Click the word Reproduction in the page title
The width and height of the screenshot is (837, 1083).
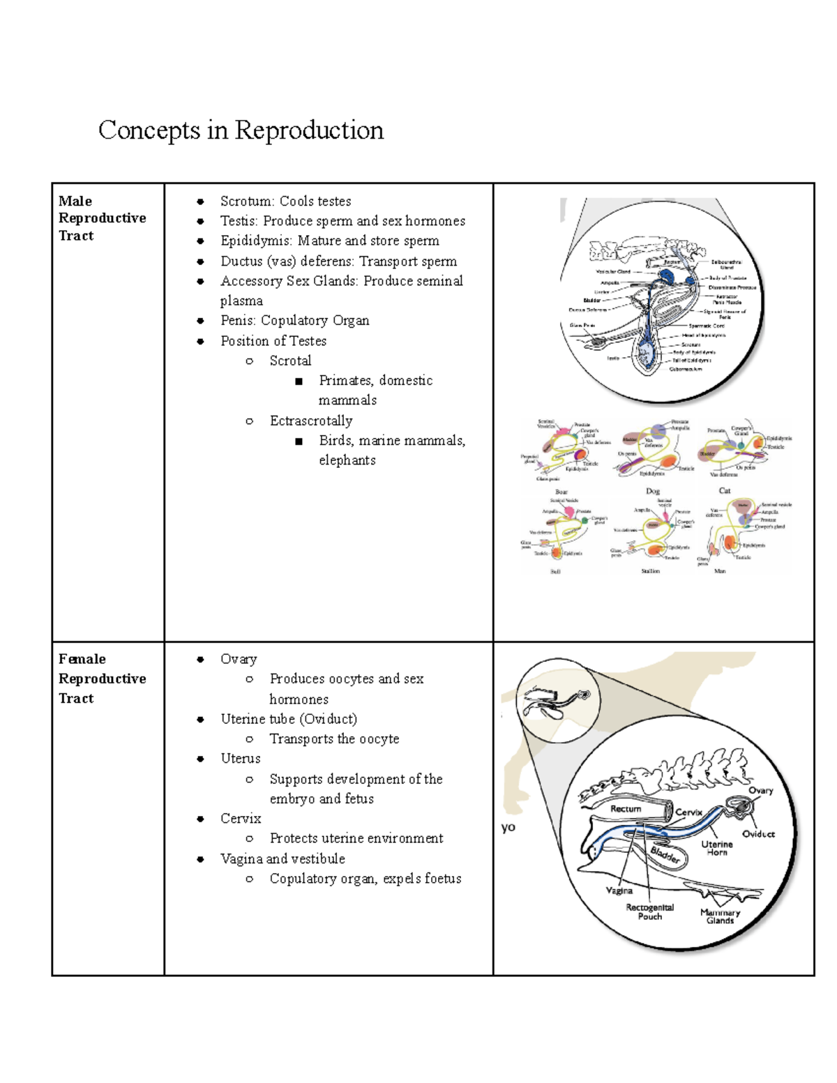coord(309,130)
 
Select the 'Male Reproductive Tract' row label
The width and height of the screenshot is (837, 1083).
coord(102,218)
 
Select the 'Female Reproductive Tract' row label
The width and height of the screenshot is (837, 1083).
coord(102,679)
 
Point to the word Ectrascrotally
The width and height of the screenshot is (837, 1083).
coord(311,421)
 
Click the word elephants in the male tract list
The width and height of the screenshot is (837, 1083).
coord(347,460)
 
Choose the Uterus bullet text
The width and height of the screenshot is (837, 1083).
coord(241,759)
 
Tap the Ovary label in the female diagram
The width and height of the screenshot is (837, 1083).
coord(760,791)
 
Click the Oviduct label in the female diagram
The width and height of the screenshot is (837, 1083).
coord(758,834)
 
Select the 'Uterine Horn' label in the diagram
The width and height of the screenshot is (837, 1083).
coord(717,848)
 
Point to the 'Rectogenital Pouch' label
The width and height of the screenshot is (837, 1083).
coord(649,912)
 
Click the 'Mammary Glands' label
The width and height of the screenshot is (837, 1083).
coord(720,916)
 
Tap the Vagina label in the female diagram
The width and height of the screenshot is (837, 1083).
coord(619,891)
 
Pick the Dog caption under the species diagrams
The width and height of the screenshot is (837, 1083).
coord(652,491)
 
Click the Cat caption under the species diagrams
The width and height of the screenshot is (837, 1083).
coord(725,490)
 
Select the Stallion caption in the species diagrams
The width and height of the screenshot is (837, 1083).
coord(650,571)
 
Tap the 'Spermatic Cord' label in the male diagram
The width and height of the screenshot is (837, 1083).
coord(707,326)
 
